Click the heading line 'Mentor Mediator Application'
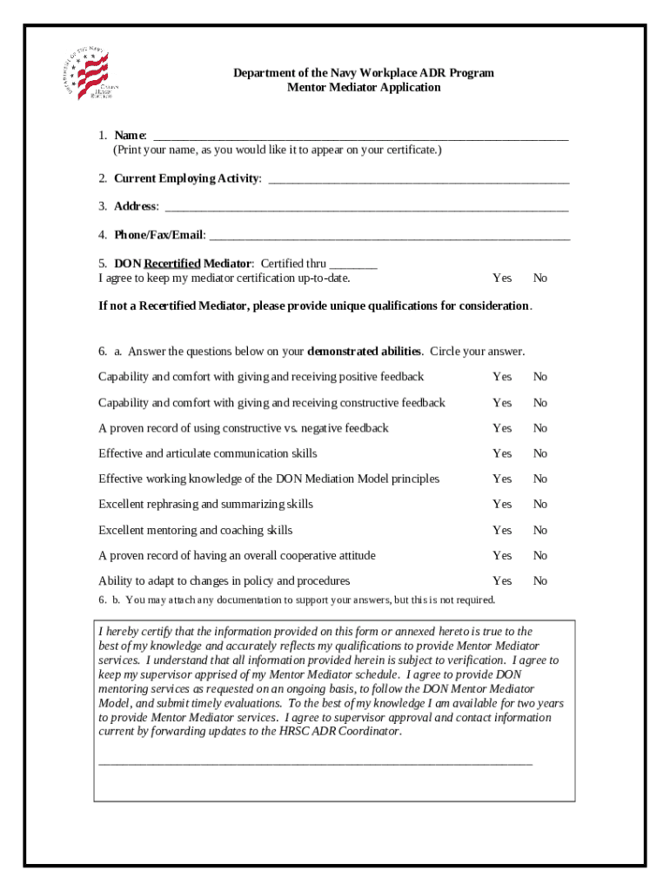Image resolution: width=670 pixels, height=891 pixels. tap(364, 88)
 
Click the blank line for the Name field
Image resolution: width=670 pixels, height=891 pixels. tap(360, 137)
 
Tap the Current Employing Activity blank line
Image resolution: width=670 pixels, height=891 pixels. tap(419, 180)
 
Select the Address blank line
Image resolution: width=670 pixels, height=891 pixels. tap(366, 208)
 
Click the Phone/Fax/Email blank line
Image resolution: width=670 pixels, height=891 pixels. tap(390, 237)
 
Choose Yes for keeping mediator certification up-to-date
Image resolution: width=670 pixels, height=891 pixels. tap(502, 278)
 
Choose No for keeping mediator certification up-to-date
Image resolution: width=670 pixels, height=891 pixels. tap(540, 278)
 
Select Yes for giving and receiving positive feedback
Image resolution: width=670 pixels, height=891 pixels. tap(502, 377)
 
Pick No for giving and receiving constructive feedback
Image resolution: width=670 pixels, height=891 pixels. tap(540, 403)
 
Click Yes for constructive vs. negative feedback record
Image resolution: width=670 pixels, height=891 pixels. tap(502, 428)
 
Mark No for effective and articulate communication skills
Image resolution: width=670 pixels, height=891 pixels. tap(540, 453)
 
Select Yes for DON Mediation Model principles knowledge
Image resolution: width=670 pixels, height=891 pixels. tap(502, 479)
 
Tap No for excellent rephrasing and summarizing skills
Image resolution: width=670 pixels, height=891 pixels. tap(540, 505)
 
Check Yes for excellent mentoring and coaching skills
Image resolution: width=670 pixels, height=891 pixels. tap(502, 530)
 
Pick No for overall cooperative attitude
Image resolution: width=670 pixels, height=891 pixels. tap(540, 555)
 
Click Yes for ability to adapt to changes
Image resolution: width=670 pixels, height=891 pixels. tap(502, 580)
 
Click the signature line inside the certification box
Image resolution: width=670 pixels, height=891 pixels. tap(315, 763)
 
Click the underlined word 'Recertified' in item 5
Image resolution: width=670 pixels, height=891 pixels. tap(172, 264)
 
